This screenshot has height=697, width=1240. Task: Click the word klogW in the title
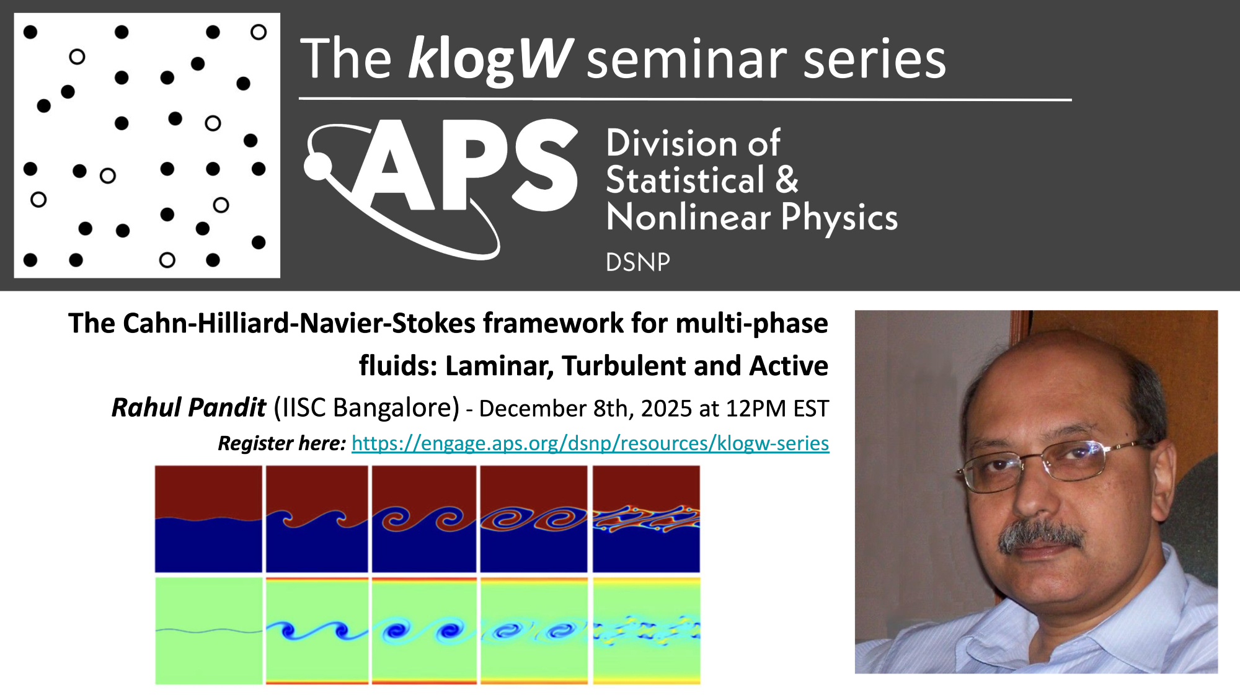tap(490, 59)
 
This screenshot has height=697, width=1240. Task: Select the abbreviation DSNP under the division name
tap(638, 262)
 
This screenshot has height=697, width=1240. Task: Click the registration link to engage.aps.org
tap(590, 443)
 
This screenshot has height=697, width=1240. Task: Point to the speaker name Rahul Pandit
tap(188, 408)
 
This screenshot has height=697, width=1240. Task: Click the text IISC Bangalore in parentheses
tap(366, 408)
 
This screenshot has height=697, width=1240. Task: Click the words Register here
tap(281, 443)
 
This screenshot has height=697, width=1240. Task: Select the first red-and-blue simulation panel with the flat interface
tap(208, 519)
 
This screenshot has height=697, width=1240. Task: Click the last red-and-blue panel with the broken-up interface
tap(646, 519)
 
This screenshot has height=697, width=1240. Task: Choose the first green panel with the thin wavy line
tap(208, 631)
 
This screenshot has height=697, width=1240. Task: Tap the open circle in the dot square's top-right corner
tap(259, 32)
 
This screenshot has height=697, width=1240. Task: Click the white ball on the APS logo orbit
tap(318, 166)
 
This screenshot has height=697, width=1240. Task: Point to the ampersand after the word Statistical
tap(787, 180)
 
